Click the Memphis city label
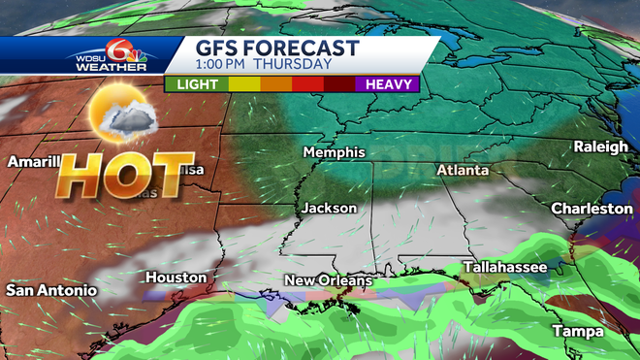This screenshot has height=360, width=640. point(334,152)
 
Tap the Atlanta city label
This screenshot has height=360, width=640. point(462,170)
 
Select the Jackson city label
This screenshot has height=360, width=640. point(329,208)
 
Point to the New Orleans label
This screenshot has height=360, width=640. point(328,280)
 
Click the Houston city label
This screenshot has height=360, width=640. point(176,278)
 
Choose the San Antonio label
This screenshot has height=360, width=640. point(50,290)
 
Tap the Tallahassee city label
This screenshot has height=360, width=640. point(504,266)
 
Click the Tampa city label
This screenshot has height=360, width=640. point(577,331)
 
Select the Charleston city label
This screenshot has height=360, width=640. point(592,209)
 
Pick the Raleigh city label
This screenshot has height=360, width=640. point(601,146)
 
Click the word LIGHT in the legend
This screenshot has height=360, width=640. point(196,83)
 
